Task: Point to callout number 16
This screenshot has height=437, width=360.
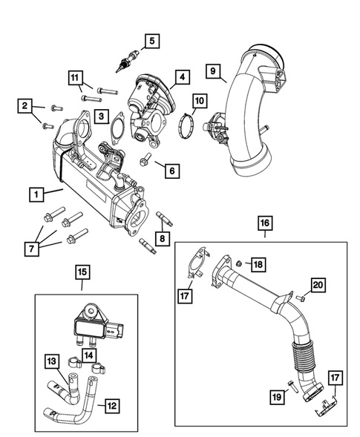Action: (x=264, y=222)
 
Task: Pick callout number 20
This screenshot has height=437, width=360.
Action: (x=317, y=284)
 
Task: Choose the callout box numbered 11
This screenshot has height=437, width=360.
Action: (x=75, y=78)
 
